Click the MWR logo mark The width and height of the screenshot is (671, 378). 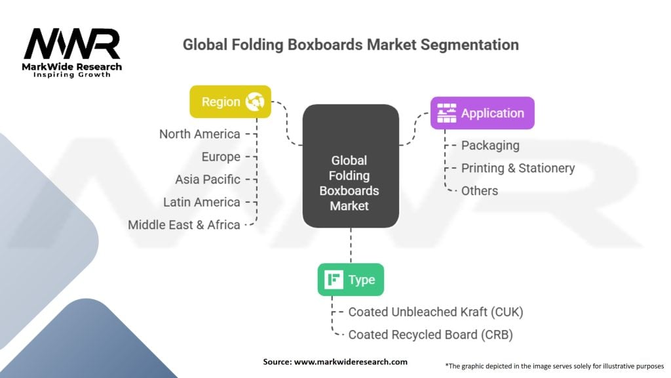[x=71, y=45]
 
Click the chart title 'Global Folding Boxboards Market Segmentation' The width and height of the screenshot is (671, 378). [x=351, y=45]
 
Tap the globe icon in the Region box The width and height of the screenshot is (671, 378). [x=254, y=102]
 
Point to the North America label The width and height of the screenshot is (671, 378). [x=200, y=134]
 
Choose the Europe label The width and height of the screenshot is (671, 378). [x=220, y=157]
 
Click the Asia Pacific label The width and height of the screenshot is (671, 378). [x=208, y=179]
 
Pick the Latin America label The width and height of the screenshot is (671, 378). [x=202, y=202]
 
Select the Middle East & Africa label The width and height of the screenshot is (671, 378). [x=184, y=224]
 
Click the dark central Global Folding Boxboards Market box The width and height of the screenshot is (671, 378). [x=351, y=166]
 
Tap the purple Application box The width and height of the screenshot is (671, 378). [x=482, y=113]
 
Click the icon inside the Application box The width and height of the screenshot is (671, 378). [x=447, y=113]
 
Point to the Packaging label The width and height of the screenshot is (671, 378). [x=490, y=145]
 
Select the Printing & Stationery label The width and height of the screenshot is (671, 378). [x=518, y=168]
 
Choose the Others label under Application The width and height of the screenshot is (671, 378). [x=480, y=190]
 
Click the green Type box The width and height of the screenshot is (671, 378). [x=351, y=280]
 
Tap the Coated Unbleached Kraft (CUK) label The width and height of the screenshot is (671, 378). [x=436, y=312]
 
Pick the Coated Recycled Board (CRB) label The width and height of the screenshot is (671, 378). [x=430, y=335]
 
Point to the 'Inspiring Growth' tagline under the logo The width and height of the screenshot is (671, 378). [x=72, y=75]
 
